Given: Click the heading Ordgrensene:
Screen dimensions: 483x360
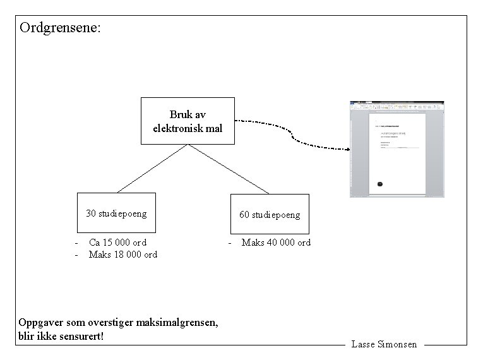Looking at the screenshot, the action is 60,28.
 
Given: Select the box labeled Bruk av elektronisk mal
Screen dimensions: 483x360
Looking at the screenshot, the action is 187,121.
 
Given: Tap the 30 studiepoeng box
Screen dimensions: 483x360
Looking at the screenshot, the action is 116,213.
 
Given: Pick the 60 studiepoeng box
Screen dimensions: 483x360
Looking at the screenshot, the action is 270,215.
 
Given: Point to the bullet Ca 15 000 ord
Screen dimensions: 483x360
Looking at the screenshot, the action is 117,243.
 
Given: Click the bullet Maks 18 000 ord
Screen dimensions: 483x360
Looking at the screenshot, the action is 122,255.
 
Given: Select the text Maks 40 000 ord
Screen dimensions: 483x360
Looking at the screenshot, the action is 276,243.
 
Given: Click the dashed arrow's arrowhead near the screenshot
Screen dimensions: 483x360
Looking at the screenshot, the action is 347,149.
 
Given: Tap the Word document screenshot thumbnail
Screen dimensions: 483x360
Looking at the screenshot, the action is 397,149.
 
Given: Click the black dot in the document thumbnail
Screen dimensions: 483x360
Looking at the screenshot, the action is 379,184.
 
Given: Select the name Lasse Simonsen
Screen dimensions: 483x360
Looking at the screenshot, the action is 384,345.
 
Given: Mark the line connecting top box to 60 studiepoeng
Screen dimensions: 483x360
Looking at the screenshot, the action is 229,169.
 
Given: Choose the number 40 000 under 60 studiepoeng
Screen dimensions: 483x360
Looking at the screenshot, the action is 282,243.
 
